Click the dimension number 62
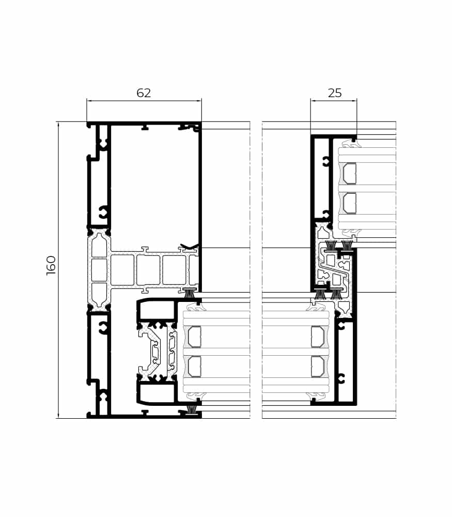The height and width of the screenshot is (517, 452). click(144, 93)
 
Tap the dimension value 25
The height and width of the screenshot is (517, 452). click(335, 93)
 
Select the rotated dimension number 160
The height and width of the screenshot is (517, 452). click(51, 265)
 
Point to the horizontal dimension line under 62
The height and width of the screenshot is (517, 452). click(144, 101)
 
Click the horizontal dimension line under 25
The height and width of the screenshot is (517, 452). click(333, 101)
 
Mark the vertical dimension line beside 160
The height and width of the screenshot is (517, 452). click(58, 270)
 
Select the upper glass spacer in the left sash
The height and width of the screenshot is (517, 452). click(194, 337)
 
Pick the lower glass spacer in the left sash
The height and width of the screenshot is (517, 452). click(194, 367)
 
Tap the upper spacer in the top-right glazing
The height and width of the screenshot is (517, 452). click(350, 173)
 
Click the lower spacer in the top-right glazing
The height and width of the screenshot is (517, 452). click(350, 203)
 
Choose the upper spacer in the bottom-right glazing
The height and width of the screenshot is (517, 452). click(318, 337)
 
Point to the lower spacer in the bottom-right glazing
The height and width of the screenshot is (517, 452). click(318, 367)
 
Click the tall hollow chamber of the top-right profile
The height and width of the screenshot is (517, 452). click(321, 178)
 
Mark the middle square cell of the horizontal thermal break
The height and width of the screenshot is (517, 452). click(148, 270)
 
